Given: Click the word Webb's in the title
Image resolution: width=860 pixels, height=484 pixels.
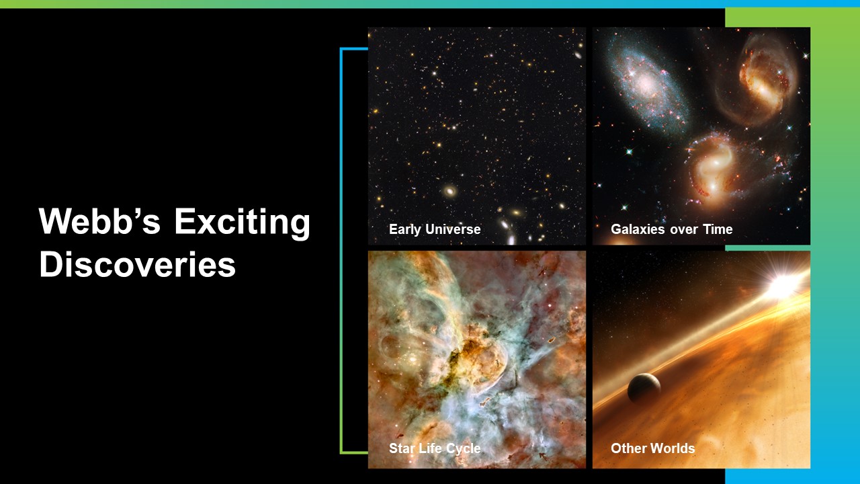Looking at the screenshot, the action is (99, 221).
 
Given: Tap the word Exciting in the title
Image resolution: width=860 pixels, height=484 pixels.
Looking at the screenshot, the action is (243, 223).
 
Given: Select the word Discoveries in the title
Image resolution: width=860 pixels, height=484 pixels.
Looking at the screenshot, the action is (138, 264).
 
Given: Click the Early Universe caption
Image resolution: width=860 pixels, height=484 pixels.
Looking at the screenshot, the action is (435, 230).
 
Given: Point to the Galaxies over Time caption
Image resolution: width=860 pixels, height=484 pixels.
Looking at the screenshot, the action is (671, 229).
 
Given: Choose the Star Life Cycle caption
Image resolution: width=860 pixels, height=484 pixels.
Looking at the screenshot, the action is (435, 448).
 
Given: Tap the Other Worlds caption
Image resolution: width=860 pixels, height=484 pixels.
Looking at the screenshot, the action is (652, 448).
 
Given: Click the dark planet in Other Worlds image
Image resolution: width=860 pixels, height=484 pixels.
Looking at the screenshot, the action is (644, 388).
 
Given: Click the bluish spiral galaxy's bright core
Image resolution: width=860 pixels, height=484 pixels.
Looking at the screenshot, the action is (646, 82).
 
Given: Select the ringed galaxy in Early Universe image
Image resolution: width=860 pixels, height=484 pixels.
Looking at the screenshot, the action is (450, 190).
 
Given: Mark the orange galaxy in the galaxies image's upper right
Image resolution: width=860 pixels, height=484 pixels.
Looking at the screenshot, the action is (764, 81).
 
